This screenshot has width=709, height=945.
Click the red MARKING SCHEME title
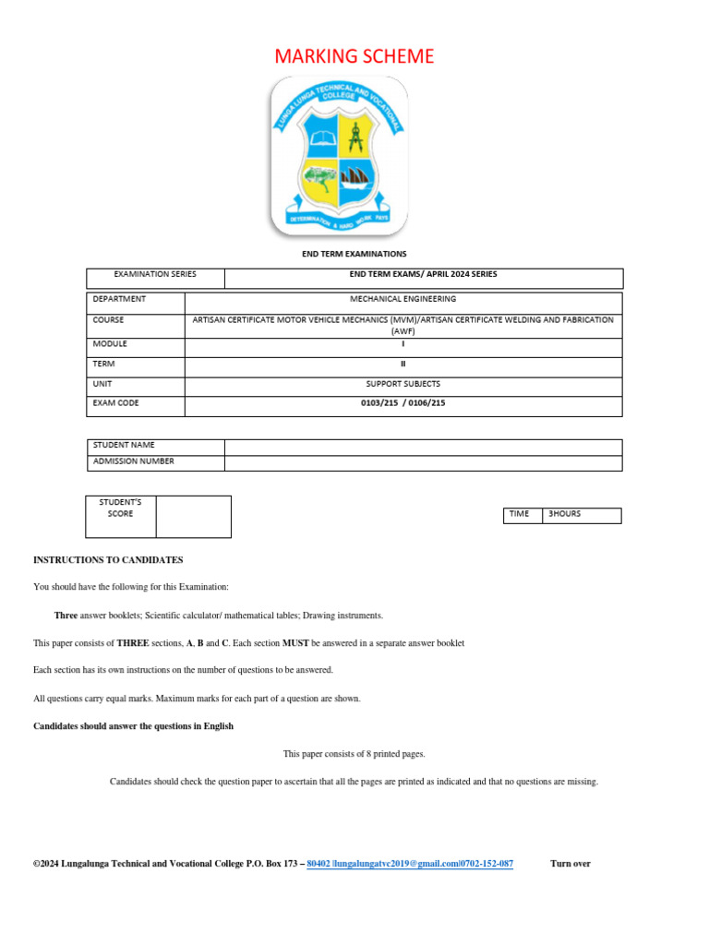click(354, 56)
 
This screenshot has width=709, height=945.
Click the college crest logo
click(340, 157)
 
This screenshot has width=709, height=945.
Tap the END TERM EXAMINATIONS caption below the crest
click(354, 254)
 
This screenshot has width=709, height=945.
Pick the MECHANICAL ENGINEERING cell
click(403, 299)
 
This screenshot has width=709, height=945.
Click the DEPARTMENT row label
click(119, 299)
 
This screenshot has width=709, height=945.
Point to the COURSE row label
click(108, 320)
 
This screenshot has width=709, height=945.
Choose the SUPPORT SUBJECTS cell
click(403, 383)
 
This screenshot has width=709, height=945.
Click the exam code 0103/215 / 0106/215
click(403, 403)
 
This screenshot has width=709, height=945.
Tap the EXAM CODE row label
click(116, 403)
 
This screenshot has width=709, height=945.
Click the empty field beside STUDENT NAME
click(423, 447)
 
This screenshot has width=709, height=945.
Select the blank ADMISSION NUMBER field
click(423, 462)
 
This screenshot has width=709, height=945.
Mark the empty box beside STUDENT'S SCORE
click(193, 516)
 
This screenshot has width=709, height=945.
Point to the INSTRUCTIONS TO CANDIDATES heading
click(108, 560)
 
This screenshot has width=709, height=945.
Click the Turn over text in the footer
click(570, 864)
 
